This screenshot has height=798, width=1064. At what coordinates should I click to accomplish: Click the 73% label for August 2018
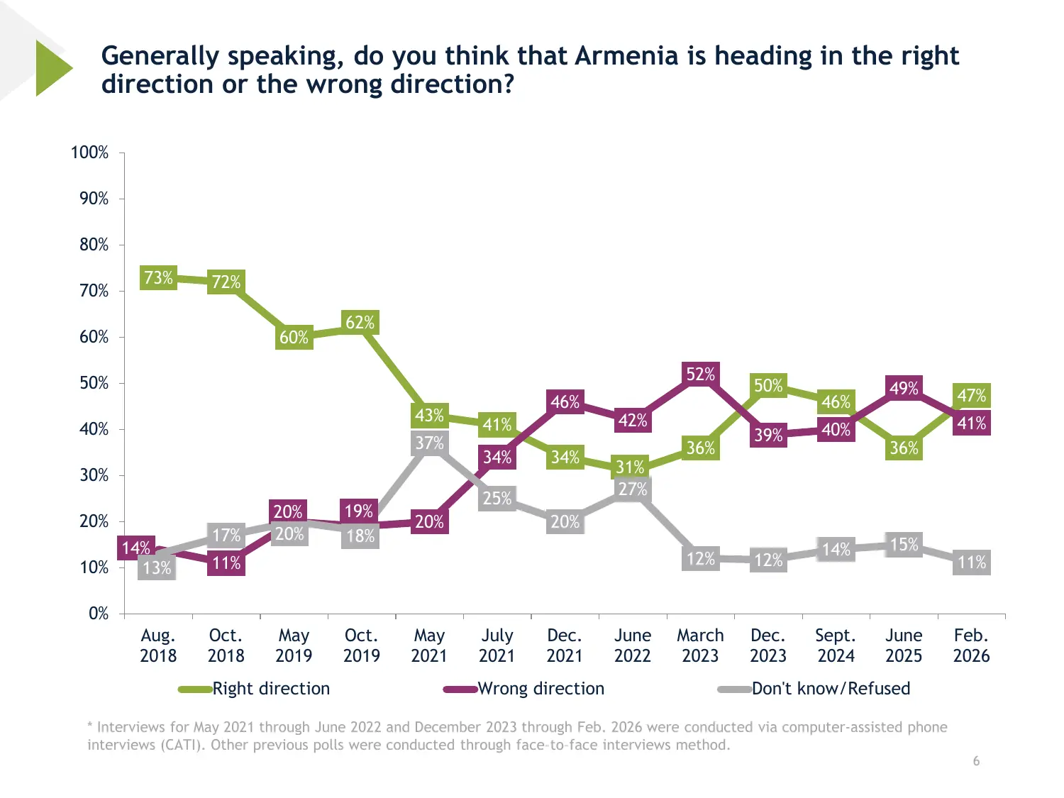[x=158, y=277]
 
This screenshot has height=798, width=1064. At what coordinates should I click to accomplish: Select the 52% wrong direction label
[x=700, y=374]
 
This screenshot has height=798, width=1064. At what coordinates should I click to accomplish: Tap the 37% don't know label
[x=429, y=443]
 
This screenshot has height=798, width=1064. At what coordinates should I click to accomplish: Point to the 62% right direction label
[x=360, y=323]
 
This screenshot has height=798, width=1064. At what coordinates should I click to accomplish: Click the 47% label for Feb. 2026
[x=971, y=395]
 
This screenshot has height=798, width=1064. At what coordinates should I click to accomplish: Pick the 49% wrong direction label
[x=904, y=388]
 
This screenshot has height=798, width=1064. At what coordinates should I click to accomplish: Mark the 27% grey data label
[x=632, y=489]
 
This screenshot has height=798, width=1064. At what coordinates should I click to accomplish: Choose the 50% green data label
[x=768, y=386]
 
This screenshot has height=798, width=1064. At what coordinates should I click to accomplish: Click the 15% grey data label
[x=904, y=544]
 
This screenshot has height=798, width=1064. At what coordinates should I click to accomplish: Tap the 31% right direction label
[x=630, y=467]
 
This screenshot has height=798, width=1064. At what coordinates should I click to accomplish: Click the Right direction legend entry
[x=271, y=689]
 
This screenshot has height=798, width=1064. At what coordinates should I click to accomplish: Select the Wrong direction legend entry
[x=541, y=689]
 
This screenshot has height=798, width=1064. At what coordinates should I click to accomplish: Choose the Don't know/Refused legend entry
[x=831, y=689]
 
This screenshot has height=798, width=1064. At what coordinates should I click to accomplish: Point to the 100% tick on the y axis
[x=90, y=153]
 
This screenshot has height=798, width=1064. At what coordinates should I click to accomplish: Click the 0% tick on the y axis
[x=99, y=614]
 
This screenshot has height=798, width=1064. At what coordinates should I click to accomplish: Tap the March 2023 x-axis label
[x=700, y=645]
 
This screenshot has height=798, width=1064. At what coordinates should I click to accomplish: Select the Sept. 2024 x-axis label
[x=836, y=645]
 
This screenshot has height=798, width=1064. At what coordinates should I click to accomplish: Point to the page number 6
[x=976, y=761]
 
